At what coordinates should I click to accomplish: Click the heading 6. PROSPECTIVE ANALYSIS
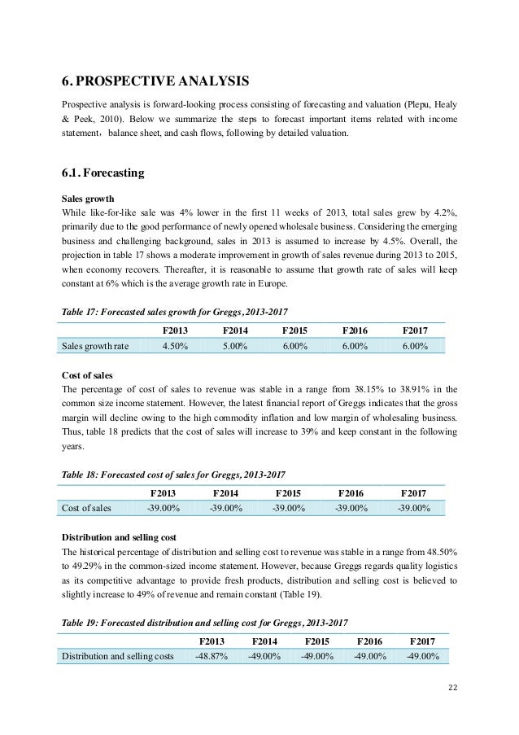[x=155, y=81]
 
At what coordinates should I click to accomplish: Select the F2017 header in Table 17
[x=414, y=330]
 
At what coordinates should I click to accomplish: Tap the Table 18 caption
[x=173, y=472]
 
